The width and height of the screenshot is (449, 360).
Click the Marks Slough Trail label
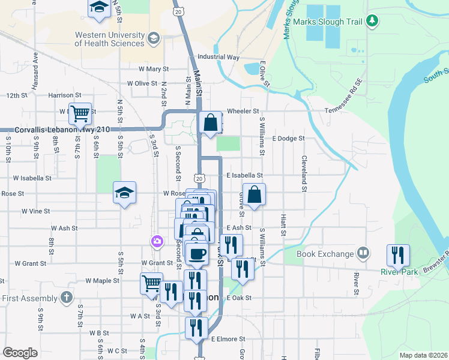tap(328, 22)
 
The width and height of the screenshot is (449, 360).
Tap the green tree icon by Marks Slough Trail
tap(373, 21)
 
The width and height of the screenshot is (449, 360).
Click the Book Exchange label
tap(325, 254)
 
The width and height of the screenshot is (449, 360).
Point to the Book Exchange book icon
tap(363, 253)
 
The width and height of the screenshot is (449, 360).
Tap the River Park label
tap(399, 271)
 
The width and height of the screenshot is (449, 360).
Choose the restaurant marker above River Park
tap(398, 255)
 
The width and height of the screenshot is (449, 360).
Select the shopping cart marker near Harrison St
tap(80, 113)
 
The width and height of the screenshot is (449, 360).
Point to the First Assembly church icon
tap(67, 297)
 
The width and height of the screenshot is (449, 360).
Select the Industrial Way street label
tap(218, 58)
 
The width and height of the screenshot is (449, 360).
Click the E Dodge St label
tap(289, 138)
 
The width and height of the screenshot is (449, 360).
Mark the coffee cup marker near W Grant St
tap(197, 253)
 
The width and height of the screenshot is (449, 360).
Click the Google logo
tap(20, 352)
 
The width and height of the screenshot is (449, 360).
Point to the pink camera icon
tap(156, 241)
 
